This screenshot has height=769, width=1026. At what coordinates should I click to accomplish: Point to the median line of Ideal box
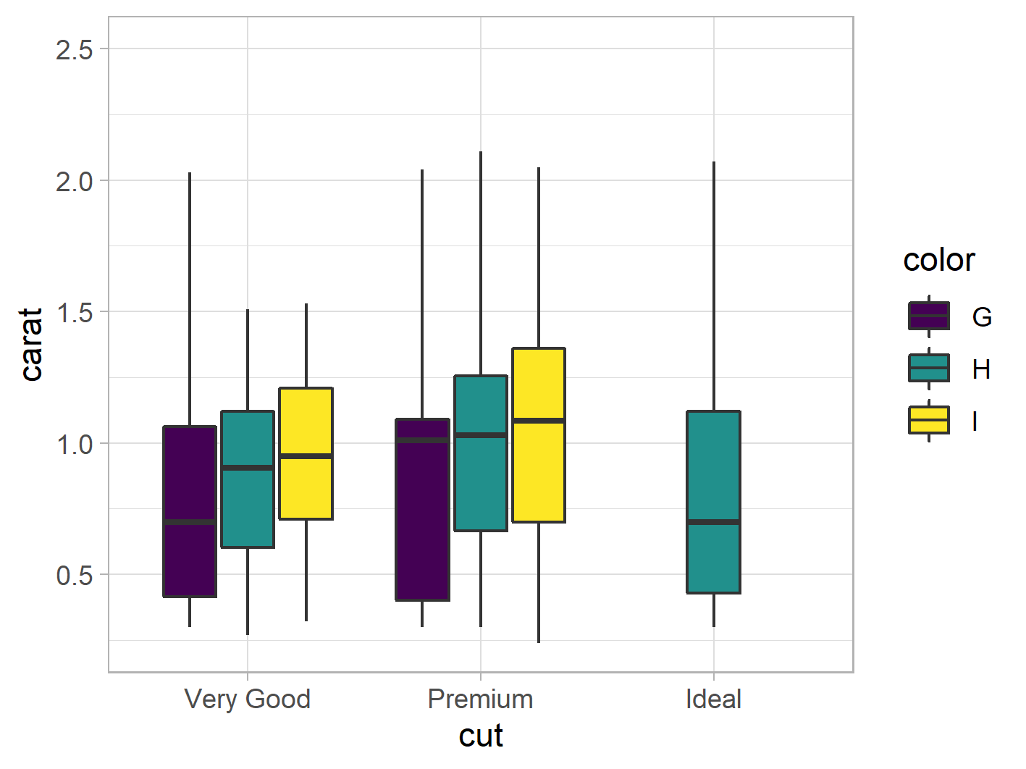pos(714,521)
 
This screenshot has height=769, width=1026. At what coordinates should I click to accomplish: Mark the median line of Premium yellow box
pos(539,420)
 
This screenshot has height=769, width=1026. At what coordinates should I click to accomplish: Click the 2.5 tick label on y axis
pos(74,50)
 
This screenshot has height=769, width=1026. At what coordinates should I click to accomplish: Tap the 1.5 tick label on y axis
pos(74,313)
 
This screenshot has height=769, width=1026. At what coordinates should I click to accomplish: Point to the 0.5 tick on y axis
pos(74,576)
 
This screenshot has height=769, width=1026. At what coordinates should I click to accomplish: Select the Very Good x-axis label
pos(248,699)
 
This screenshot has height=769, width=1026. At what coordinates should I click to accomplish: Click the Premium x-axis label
pos(481,699)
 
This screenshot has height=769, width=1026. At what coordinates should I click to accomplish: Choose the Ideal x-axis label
pos(714,699)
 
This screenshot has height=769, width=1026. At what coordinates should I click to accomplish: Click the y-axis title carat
pos(32,345)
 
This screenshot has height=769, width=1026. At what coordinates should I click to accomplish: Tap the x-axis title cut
pos(481,736)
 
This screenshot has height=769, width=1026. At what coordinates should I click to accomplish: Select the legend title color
pos(939,260)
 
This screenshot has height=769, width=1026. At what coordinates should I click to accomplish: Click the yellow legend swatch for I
pos(929,420)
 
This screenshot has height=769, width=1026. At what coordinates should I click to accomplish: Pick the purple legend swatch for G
pos(929,316)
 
